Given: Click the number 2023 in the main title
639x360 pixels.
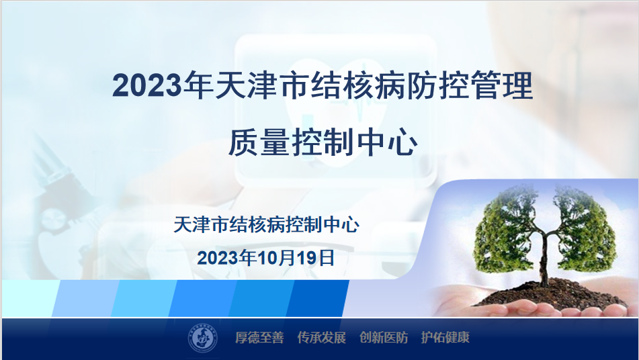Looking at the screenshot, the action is click(x=146, y=85).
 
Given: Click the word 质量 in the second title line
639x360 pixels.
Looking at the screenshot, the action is click(x=259, y=142).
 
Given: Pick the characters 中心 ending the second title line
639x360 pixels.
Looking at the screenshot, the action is click(x=386, y=142).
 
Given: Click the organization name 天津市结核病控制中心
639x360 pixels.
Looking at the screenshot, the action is click(x=267, y=225).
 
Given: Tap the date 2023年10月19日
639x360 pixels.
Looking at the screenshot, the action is click(x=266, y=258).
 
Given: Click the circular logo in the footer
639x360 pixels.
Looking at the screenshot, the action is click(x=202, y=338).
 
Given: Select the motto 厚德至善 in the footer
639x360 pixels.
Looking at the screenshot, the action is click(x=259, y=338).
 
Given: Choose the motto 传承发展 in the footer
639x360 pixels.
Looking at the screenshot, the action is click(x=322, y=338).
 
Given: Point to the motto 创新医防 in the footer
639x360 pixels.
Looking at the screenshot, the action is click(x=384, y=338).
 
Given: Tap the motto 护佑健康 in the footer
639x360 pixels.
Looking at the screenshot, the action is click(x=445, y=338).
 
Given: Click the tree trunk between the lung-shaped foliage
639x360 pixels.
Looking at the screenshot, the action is click(x=544, y=261).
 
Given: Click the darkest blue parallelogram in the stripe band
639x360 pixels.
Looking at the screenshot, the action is click(x=318, y=298).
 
